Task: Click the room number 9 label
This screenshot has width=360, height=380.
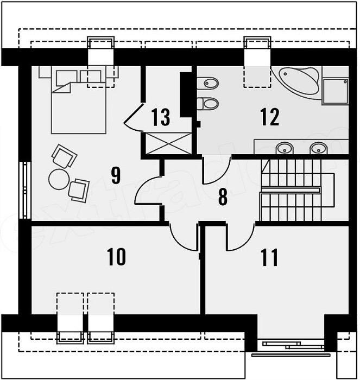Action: pyautogui.click(x=116, y=175)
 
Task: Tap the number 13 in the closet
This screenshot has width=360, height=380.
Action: pyautogui.click(x=161, y=116)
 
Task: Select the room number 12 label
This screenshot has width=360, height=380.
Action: pyautogui.click(x=269, y=116)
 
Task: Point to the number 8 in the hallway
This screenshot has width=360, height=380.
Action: pyautogui.click(x=223, y=197)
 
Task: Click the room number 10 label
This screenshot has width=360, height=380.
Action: pyautogui.click(x=117, y=256)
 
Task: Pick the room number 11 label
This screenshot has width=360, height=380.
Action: pyautogui.click(x=269, y=257)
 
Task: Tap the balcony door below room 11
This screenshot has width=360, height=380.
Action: pyautogui.click(x=292, y=344)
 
